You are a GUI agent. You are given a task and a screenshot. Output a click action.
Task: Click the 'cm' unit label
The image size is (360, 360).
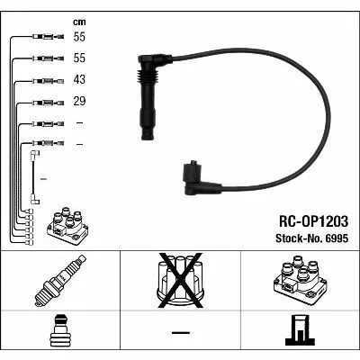coord(79,22)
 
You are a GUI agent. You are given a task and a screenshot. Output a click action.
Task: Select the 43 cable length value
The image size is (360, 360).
coord(79,79)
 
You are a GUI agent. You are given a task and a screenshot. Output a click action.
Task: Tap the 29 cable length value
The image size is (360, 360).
coord(79,101)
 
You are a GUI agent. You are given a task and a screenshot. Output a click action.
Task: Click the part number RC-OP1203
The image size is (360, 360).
coord(313,221)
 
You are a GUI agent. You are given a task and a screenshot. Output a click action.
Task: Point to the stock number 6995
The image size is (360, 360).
coord(338,238)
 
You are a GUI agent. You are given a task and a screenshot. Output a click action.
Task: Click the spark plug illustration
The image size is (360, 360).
coord(60,281)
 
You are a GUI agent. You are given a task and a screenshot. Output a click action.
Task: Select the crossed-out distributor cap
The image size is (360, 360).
coord(181,280)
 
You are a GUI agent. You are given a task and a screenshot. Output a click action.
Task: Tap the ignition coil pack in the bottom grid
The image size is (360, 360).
coord(300,278)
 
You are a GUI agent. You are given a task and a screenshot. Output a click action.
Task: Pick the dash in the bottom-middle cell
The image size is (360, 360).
coord(181,332)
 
